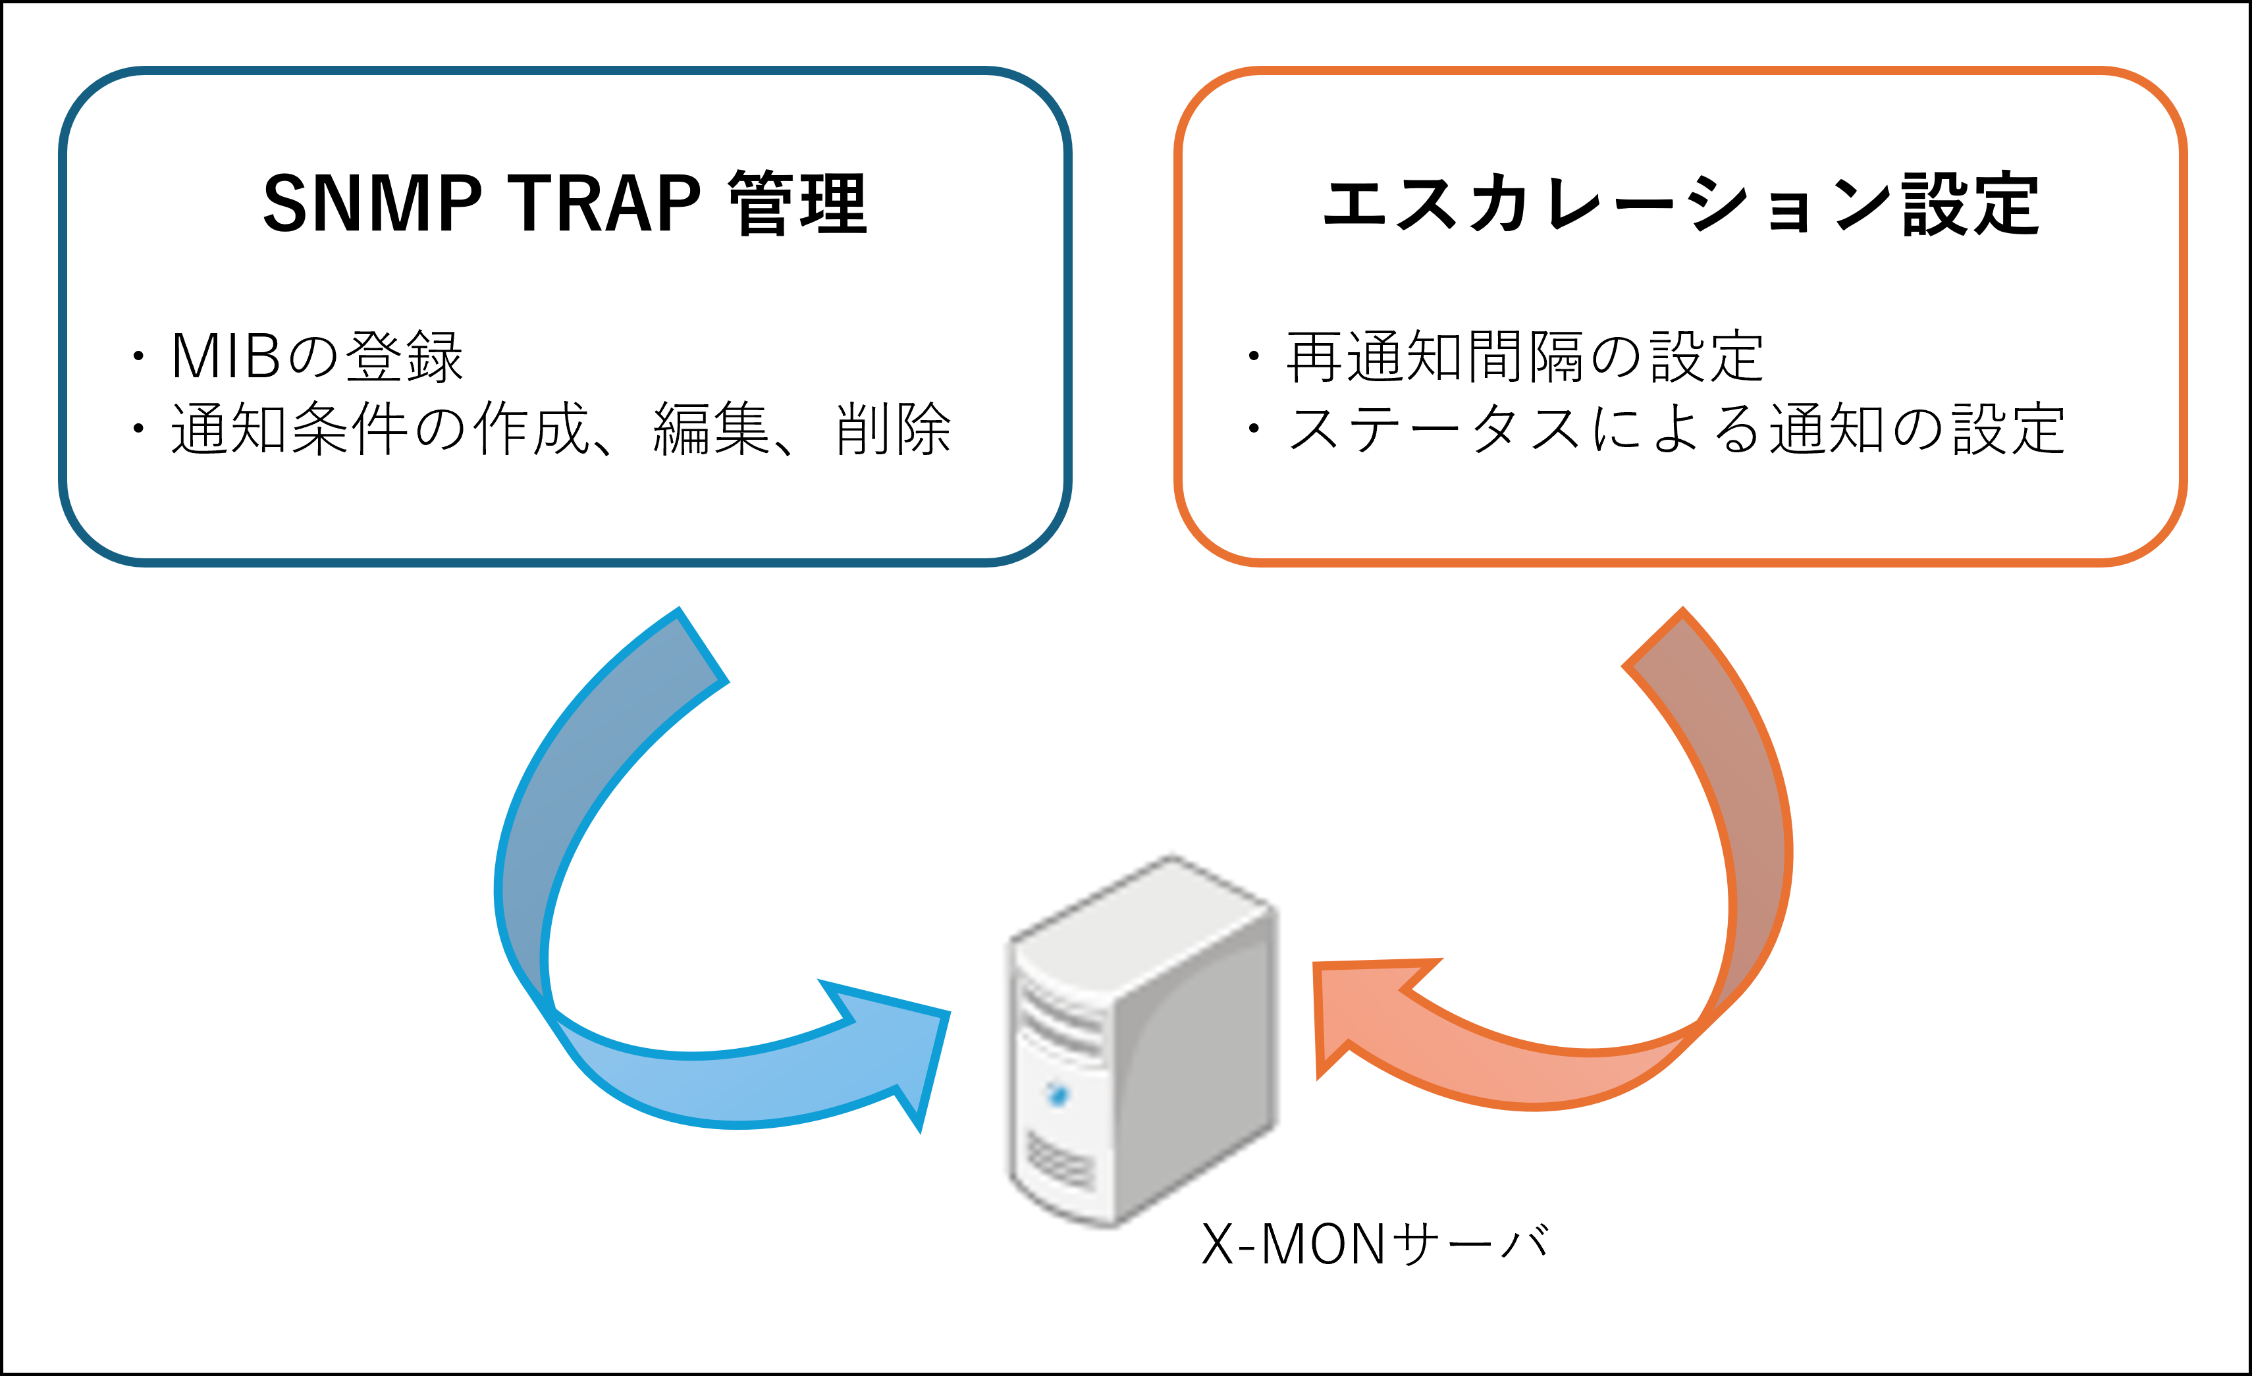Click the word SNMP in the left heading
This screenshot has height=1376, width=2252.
pos(372,203)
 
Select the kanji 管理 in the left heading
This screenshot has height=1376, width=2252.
pos(797,203)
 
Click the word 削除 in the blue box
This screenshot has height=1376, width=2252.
pos(893,429)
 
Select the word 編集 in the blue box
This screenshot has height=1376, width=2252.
pos(712,429)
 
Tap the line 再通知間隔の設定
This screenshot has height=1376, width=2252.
pos(1524,356)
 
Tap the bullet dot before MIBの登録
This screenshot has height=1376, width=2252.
pos(138,356)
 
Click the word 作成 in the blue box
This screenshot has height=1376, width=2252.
pos(531,429)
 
